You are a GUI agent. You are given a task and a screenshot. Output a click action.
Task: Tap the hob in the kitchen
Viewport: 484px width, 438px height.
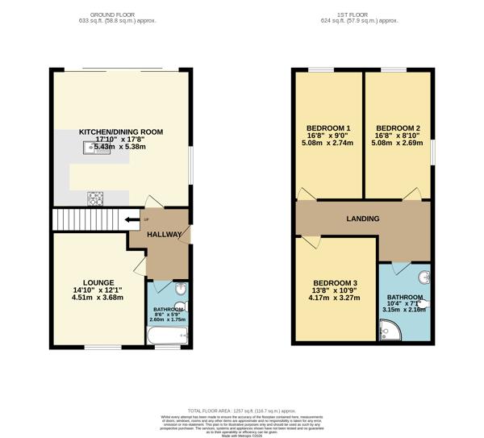pyautogui.click(x=95, y=196)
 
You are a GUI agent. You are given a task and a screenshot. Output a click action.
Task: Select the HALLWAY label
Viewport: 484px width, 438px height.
pyautogui.click(x=165, y=234)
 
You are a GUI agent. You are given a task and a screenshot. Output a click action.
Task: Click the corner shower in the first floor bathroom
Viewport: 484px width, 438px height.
pyautogui.click(x=390, y=329)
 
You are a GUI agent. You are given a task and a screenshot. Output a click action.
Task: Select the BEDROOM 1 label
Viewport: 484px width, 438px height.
pyautogui.click(x=328, y=129)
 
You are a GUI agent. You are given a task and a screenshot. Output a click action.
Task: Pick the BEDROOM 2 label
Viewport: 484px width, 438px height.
pyautogui.click(x=398, y=129)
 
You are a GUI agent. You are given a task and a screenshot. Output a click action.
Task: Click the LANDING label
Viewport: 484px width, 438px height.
pyautogui.click(x=362, y=219)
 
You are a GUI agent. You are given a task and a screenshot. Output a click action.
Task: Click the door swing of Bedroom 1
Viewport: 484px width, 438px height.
pyautogui.click(x=305, y=193)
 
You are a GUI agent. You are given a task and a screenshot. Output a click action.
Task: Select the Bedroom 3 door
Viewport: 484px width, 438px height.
pyautogui.click(x=310, y=240)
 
